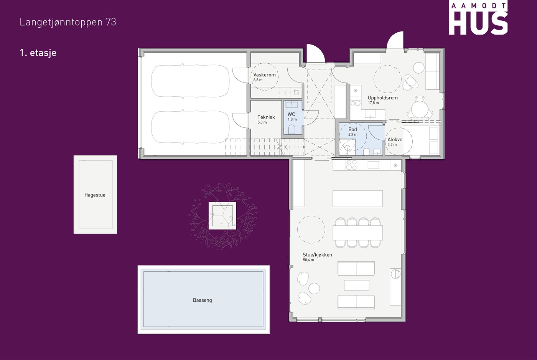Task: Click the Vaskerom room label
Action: tap(264, 75)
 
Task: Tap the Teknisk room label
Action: tap(266, 117)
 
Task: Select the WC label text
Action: tap(291, 114)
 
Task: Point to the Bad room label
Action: tap(353, 129)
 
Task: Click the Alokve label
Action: tap(395, 140)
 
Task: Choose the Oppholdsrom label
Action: tap(383, 98)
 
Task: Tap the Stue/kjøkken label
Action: tap(318, 255)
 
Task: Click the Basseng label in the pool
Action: tap(203, 300)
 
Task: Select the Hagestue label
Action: tap(95, 195)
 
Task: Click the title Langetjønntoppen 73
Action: tap(68, 22)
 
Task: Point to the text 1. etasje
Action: tap(38, 53)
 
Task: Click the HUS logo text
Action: tap(478, 23)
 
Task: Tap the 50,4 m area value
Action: tap(308, 260)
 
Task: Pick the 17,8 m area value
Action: tap(374, 103)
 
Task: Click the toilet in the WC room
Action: tap(292, 129)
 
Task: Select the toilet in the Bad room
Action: tap(366, 152)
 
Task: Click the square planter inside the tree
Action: tap(222, 216)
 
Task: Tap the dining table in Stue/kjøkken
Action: tap(357, 233)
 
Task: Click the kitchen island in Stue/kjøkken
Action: tap(357, 198)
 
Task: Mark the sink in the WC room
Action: tap(292, 104)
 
